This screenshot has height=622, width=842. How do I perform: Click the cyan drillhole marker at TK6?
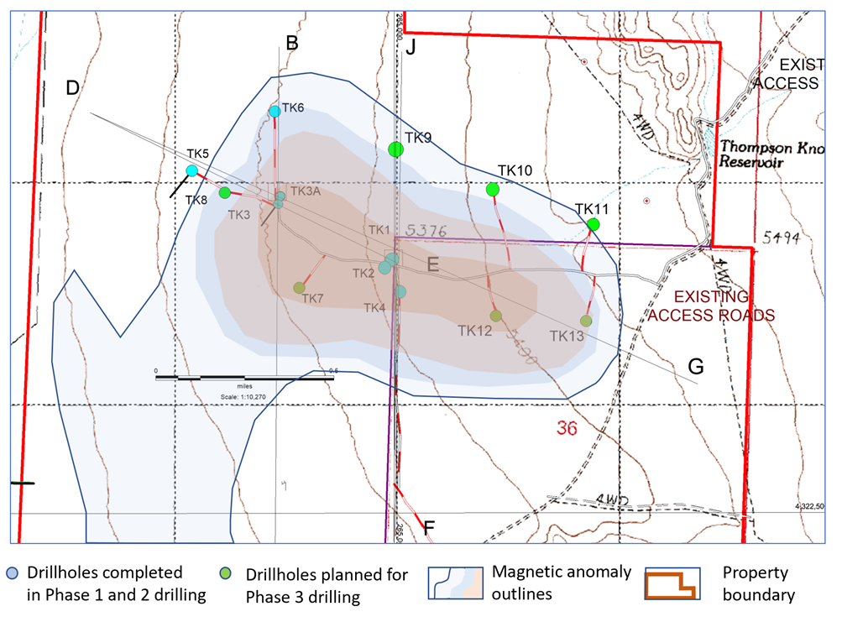point(275,112)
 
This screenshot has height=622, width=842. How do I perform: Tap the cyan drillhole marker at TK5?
point(191,171)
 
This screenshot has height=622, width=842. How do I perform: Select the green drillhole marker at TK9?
point(396,149)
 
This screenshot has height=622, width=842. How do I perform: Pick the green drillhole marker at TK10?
point(493,190)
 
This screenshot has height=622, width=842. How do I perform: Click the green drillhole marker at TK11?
point(594,225)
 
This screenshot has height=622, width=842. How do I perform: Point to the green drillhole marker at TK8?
point(225,193)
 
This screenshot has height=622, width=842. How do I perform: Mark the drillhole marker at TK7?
point(300,288)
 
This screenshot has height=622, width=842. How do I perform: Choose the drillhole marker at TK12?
point(496,316)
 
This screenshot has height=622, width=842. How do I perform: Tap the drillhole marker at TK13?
point(586,321)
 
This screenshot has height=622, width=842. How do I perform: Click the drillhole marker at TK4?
point(400,291)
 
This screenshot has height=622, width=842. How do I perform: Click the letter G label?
point(696,366)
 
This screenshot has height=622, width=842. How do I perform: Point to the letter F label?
point(429,527)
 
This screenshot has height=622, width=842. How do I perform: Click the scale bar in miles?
point(244,378)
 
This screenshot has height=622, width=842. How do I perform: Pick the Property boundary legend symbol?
point(669,583)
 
